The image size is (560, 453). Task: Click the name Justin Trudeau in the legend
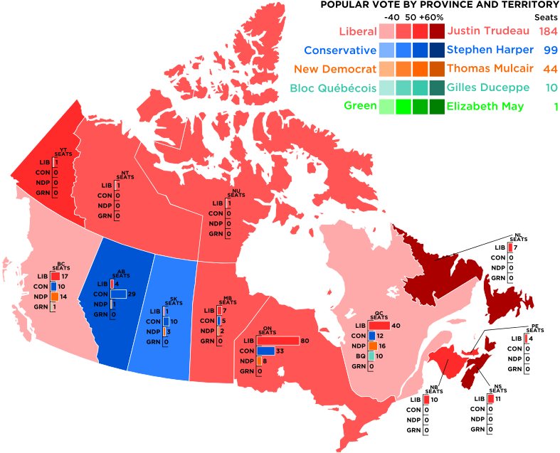[x=488, y=31]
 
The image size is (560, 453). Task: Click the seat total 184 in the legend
[x=548, y=31]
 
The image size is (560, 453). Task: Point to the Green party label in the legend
[x=359, y=107]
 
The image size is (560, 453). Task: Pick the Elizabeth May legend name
[x=485, y=107]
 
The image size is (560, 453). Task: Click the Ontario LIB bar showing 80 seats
[x=278, y=341]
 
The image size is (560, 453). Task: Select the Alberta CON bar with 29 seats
[x=118, y=294]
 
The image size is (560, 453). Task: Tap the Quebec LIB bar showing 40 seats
[x=379, y=326]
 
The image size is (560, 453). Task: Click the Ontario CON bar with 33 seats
[x=265, y=351]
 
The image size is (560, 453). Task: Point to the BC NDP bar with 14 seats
[x=54, y=297]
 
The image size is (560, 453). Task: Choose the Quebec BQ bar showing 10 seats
[x=371, y=356]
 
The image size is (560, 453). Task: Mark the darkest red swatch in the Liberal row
[x=437, y=31]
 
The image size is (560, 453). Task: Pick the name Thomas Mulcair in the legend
[x=488, y=69]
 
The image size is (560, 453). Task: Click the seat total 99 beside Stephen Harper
[x=550, y=50]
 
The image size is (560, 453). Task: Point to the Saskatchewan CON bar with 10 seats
[x=165, y=322]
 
